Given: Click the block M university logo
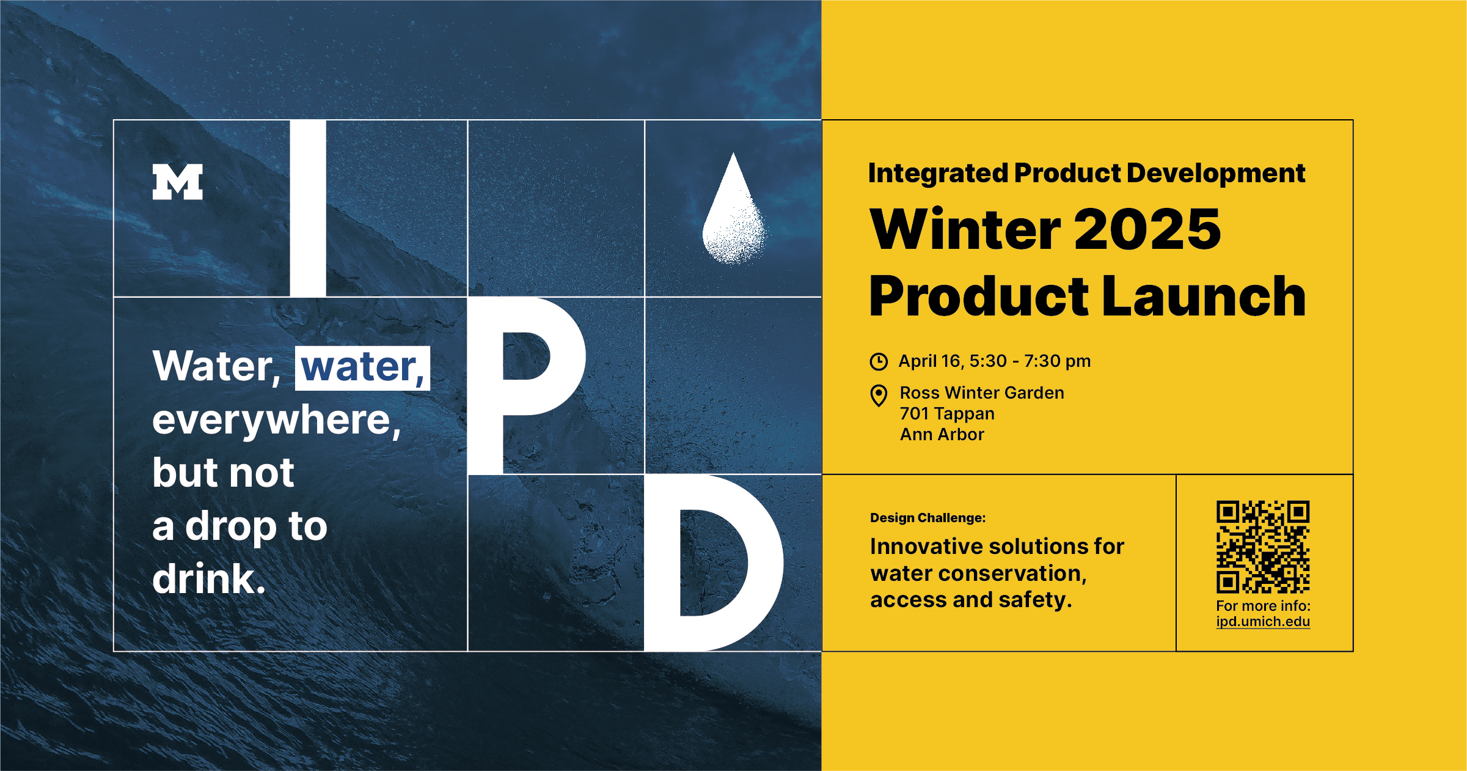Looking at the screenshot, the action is pos(177,182).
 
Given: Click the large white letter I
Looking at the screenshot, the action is pos(308,208).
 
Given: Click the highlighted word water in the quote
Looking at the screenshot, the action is pos(362,368).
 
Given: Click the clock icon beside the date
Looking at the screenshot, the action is pos(879,361).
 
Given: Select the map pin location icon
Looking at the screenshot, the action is pos(879,396).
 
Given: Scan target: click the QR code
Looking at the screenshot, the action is pos(1263,547).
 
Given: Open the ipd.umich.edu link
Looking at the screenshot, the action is pos(1263,621).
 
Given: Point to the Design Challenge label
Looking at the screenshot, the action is pos(928,518).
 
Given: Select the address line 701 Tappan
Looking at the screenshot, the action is pos(947,414).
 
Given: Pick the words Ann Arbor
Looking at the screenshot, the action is pos(942,435).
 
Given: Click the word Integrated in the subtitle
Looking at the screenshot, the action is pos(938,174).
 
